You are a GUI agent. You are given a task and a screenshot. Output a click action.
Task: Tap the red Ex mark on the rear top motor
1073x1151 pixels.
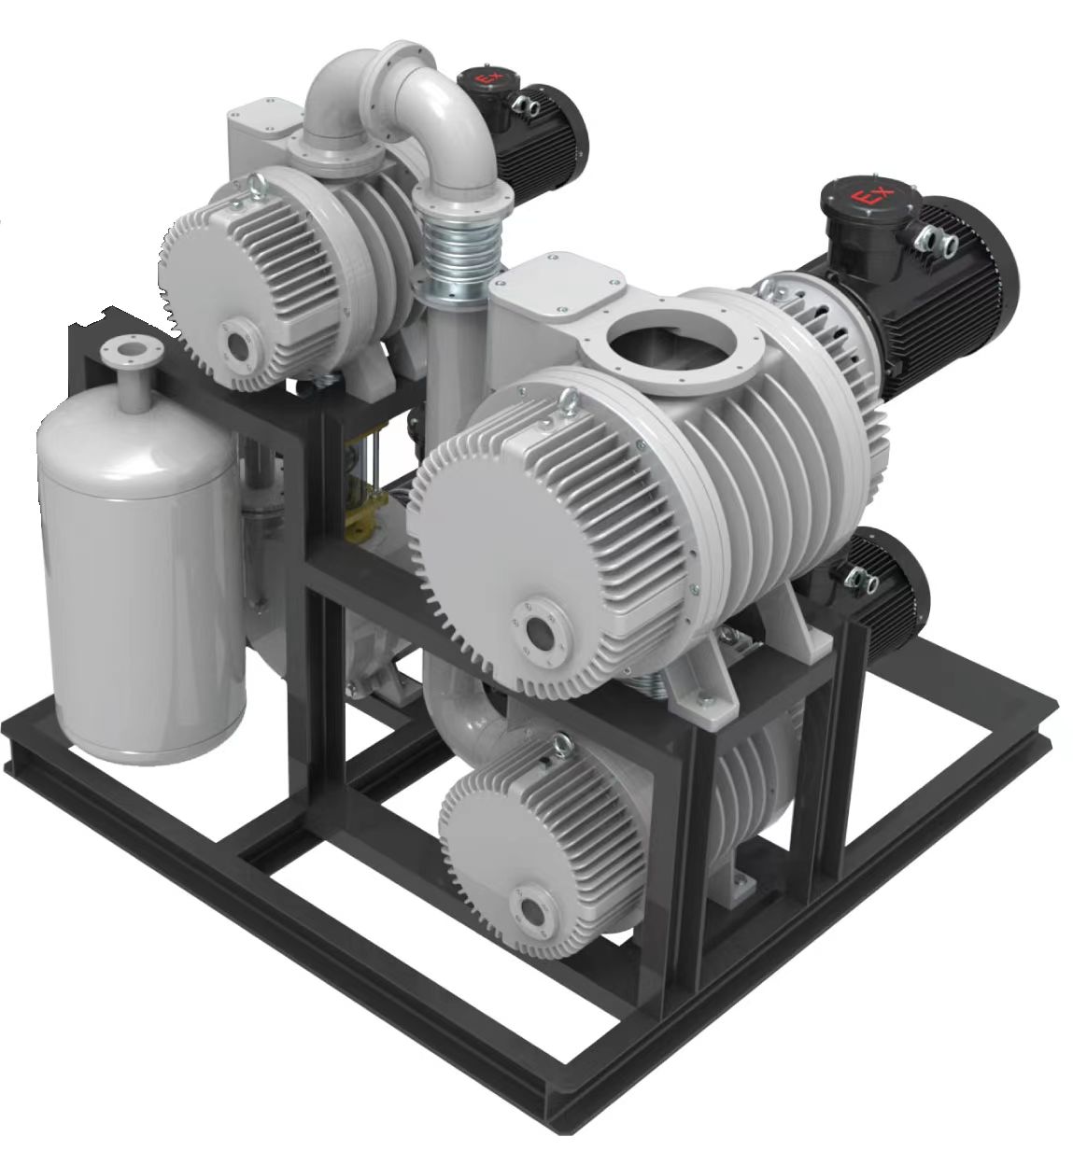click(x=485, y=78)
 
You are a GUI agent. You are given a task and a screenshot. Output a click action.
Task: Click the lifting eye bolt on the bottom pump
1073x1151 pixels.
click(x=561, y=746)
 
